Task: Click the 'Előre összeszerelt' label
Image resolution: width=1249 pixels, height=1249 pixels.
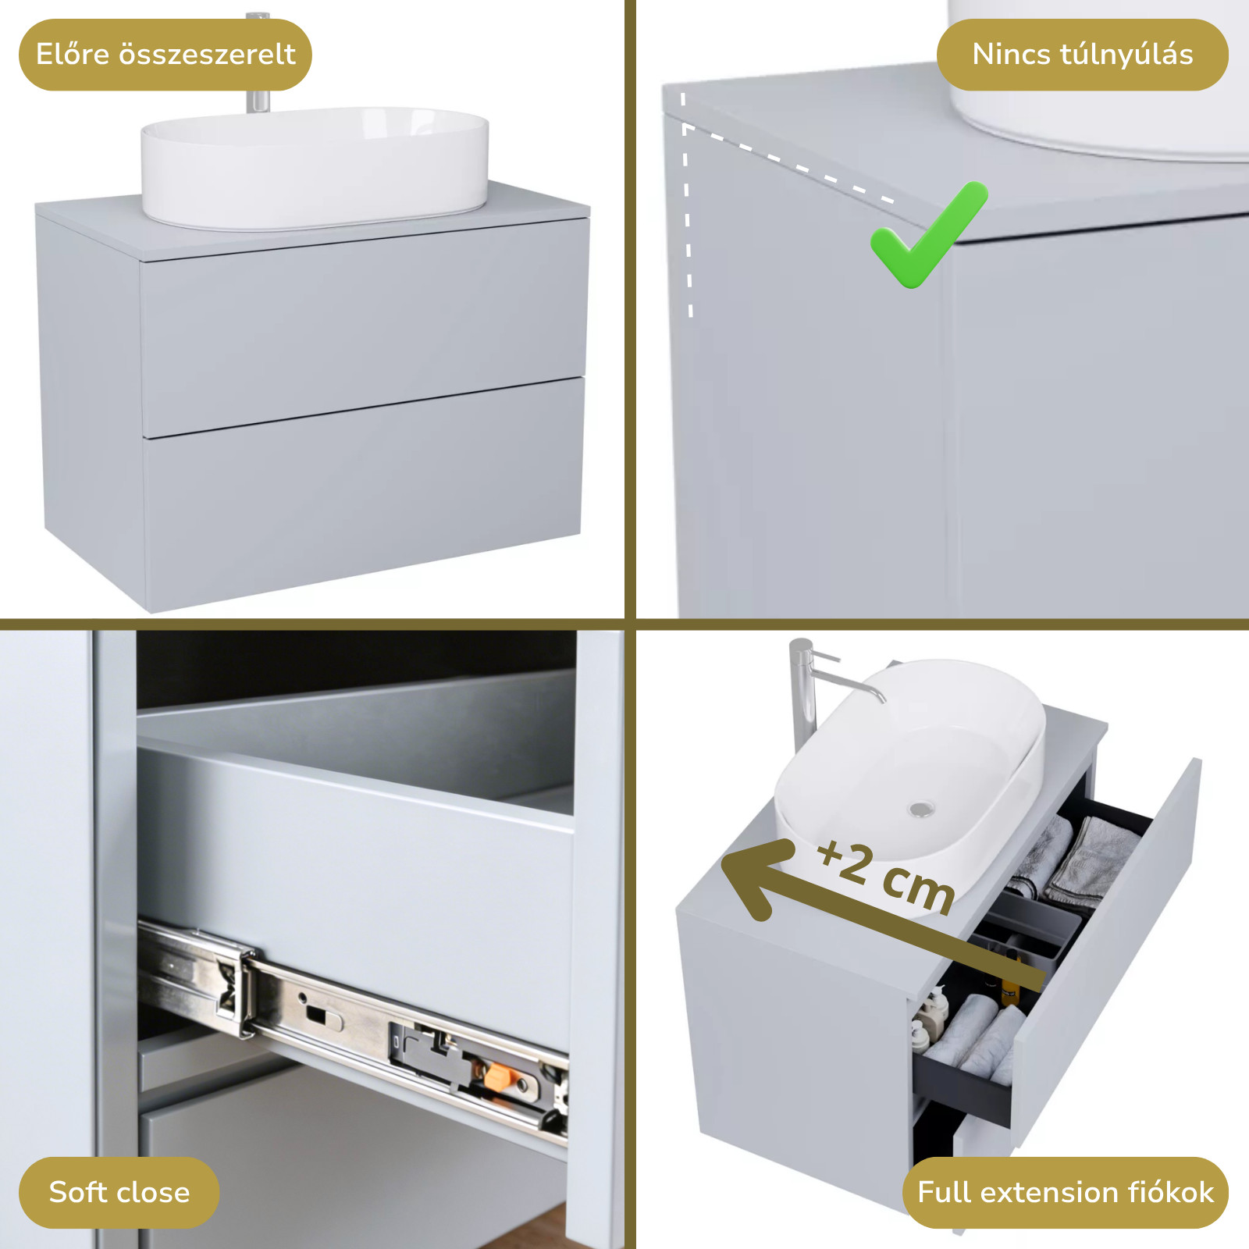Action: (x=165, y=55)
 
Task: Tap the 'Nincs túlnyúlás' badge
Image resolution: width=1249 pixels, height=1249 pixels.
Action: (x=1082, y=55)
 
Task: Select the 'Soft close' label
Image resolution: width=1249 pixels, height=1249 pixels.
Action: (x=119, y=1192)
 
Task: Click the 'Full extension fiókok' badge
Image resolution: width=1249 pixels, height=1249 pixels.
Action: (x=1065, y=1192)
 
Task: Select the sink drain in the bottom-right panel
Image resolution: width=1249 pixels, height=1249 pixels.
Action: (x=921, y=810)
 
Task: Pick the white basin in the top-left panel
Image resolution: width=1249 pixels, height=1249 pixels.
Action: (x=315, y=168)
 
